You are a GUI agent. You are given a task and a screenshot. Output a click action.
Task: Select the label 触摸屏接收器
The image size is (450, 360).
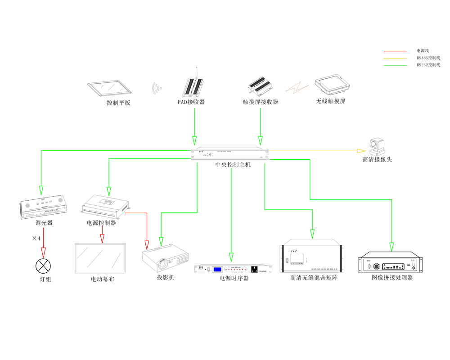[261, 102]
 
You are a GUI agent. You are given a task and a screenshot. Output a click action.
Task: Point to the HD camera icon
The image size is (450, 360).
[374, 146]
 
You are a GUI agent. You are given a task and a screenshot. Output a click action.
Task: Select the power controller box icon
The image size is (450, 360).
[105, 205]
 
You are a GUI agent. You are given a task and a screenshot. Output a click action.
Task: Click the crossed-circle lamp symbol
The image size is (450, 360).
[43, 266]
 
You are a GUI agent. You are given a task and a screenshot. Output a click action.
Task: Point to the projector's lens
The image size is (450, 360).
[167, 261]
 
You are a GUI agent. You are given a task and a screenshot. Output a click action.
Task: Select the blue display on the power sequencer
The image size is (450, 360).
[218, 269]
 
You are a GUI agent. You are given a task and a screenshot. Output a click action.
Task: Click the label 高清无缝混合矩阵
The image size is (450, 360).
[314, 278]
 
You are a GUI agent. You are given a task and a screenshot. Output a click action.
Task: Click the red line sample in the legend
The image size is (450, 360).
[395, 51]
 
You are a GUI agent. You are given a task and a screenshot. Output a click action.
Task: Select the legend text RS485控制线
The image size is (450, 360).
[428, 58]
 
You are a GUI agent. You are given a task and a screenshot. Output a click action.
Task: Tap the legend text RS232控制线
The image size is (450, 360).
[428, 65]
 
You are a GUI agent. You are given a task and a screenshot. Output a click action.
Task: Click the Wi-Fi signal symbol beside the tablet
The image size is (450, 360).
[157, 88]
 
